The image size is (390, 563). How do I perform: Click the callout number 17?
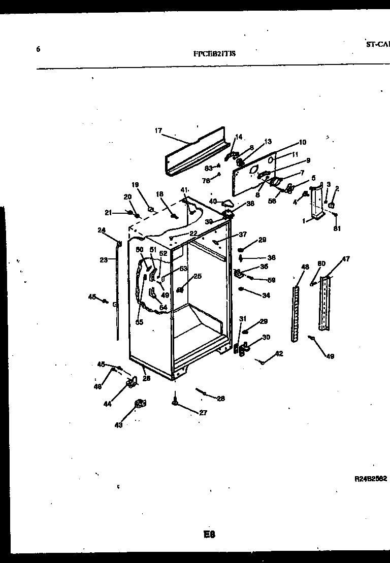[x=158, y=131]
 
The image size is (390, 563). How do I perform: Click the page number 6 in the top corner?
[x=38, y=49]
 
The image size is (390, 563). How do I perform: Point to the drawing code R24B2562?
[x=371, y=478]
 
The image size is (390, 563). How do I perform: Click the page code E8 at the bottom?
[x=210, y=534]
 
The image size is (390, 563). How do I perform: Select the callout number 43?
[x=118, y=425]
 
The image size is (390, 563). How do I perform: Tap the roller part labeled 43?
[x=139, y=404]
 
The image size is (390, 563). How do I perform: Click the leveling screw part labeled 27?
[x=175, y=402]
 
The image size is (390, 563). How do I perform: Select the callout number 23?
[x=104, y=260]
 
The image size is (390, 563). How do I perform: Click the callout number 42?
[x=279, y=354]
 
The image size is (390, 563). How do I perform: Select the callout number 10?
[x=303, y=142]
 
